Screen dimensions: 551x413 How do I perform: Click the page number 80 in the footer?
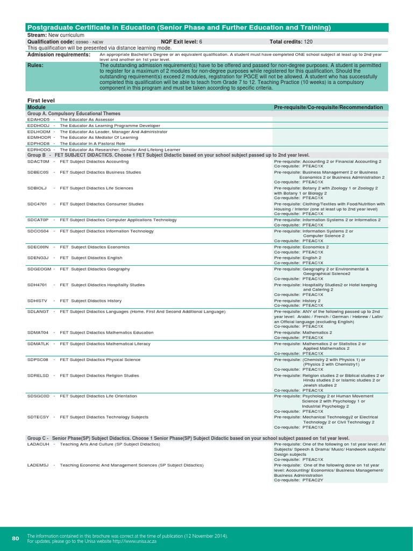point(15,538)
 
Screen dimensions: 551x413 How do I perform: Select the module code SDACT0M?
point(38,161)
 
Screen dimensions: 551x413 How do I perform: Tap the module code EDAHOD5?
point(38,119)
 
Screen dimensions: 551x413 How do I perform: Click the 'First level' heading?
point(41,100)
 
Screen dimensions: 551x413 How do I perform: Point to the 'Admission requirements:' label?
point(58,55)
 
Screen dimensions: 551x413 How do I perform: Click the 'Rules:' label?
point(35,65)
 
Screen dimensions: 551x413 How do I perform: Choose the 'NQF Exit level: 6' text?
point(182,41)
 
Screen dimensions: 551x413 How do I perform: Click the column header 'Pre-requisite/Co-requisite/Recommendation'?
point(328,107)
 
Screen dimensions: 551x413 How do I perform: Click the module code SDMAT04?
point(38,333)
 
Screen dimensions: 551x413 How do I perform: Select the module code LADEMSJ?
point(38,464)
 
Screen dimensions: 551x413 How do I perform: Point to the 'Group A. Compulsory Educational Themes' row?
point(74,114)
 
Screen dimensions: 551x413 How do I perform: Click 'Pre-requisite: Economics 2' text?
point(301,247)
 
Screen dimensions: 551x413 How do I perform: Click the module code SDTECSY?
point(38,417)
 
